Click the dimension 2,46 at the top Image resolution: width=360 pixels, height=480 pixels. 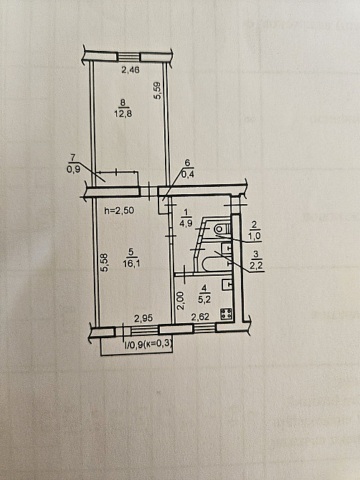tap(130, 70)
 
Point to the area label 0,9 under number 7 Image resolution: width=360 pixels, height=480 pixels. tap(72, 169)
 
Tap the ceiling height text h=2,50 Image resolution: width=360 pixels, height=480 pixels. tap(120, 211)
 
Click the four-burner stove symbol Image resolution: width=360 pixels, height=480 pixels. tap(228, 315)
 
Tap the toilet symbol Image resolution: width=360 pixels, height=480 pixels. tap(220, 229)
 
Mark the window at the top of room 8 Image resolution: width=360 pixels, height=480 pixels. tap(129, 56)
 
